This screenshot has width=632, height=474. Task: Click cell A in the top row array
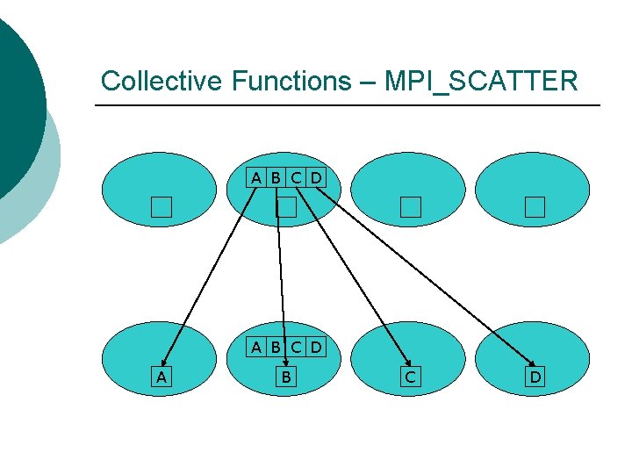pyautogui.click(x=255, y=178)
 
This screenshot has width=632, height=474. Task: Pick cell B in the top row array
pyautogui.click(x=276, y=178)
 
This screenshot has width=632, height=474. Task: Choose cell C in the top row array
pyautogui.click(x=296, y=178)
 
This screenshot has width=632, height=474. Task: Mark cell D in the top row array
pyautogui.click(x=316, y=178)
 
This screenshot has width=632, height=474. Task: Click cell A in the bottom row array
pyautogui.click(x=255, y=347)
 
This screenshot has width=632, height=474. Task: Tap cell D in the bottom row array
pyautogui.click(x=316, y=347)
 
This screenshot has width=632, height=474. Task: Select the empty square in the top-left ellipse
pyautogui.click(x=160, y=207)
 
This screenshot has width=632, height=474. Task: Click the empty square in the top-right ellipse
pyautogui.click(x=535, y=207)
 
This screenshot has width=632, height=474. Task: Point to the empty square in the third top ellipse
pyautogui.click(x=411, y=207)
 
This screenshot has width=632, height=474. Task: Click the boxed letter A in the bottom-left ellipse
pyautogui.click(x=160, y=377)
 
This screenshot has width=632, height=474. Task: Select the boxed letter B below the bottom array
pyautogui.click(x=285, y=377)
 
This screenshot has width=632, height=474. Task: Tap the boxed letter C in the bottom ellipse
pyautogui.click(x=410, y=377)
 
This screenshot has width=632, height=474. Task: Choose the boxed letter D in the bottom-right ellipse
pyautogui.click(x=535, y=377)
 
